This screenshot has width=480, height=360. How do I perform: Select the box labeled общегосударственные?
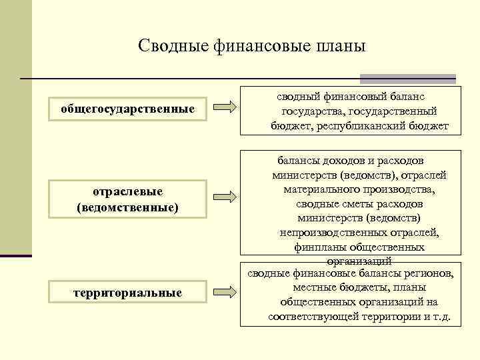(x=128, y=108)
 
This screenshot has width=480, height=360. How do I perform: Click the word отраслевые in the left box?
(x=127, y=192)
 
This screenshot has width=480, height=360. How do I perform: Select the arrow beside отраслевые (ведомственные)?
(x=224, y=197)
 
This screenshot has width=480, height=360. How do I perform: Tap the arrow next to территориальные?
(x=224, y=291)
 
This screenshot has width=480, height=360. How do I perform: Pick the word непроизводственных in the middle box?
(x=333, y=232)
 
